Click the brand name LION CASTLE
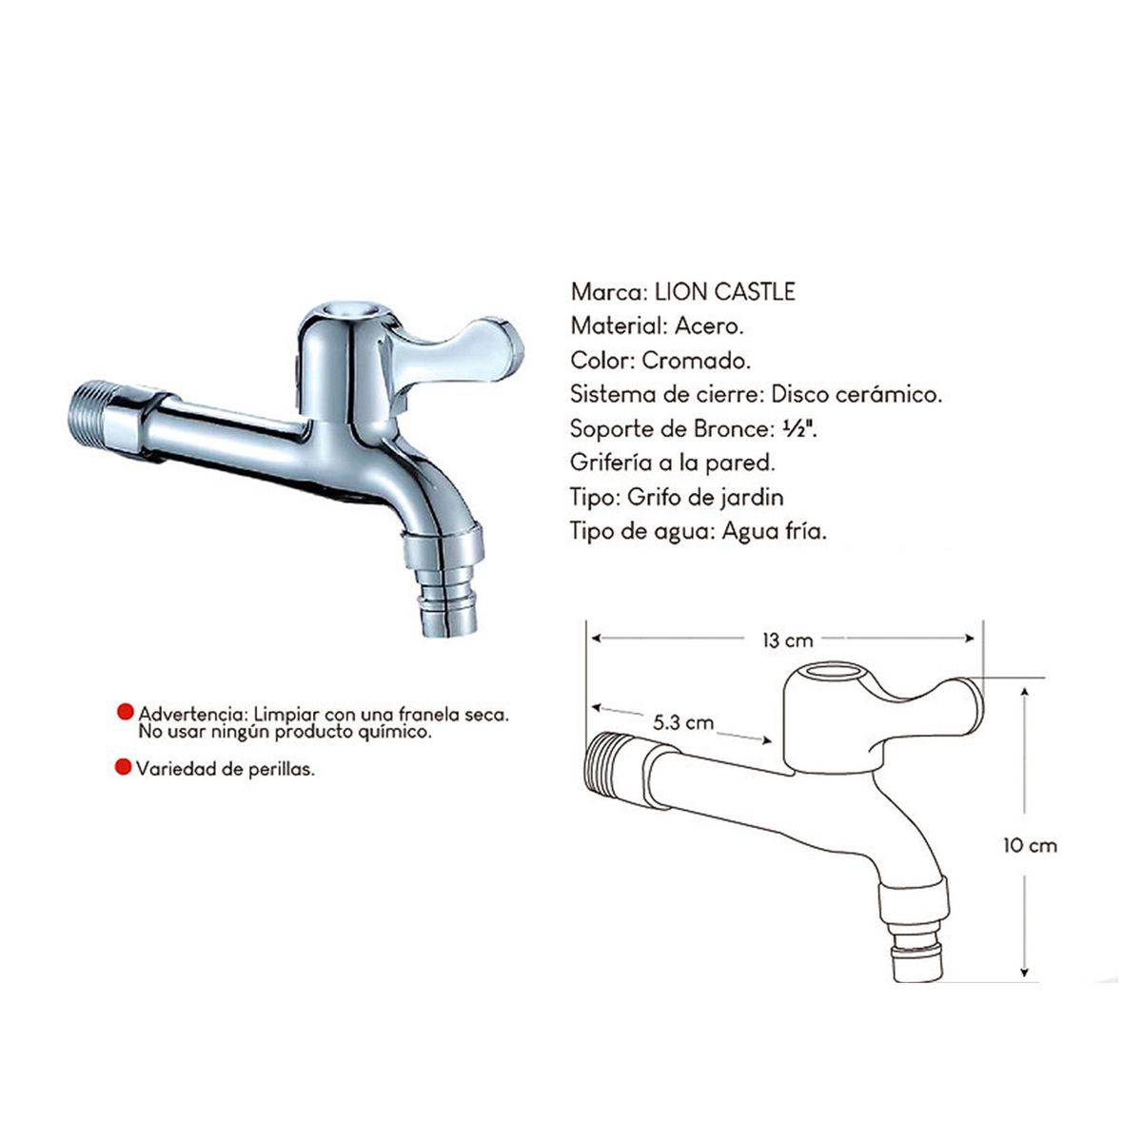pyautogui.click(x=724, y=291)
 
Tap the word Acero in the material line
pyautogui.click(x=709, y=326)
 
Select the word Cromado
pyautogui.click(x=697, y=361)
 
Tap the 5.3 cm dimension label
pyautogui.click(x=683, y=722)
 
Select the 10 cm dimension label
pyautogui.click(x=1030, y=845)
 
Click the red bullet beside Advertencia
pyautogui.click(x=125, y=712)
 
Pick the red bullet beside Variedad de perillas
pyautogui.click(x=123, y=767)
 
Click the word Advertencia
pyautogui.click(x=187, y=714)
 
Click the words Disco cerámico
pyautogui.click(x=856, y=394)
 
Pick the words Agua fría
pyautogui.click(x=774, y=532)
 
